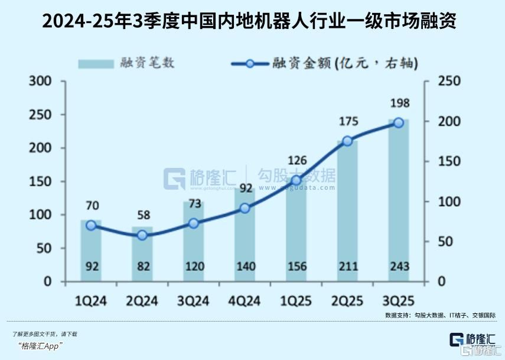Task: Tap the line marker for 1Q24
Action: point(91,225)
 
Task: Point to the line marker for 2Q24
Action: point(142,235)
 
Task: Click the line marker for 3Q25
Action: point(398,123)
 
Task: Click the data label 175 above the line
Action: point(347,122)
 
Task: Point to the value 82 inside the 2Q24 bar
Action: point(142,266)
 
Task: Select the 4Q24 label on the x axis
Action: point(245,301)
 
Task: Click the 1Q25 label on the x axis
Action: point(297,301)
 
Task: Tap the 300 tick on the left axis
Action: point(41,81)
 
